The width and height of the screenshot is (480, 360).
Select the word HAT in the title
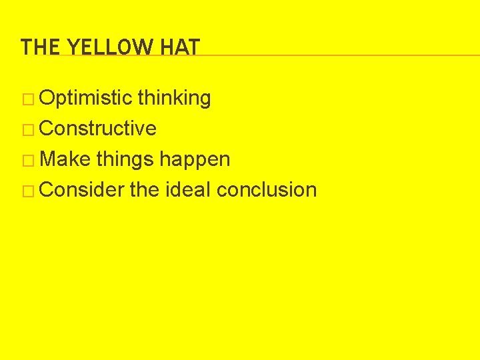click(179, 47)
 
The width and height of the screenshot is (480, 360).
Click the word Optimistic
click(85, 99)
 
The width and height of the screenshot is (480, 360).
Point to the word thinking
click(174, 99)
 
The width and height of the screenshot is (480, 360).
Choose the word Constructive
click(98, 129)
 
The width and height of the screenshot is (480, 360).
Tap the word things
click(125, 160)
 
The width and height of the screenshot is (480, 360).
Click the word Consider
click(82, 190)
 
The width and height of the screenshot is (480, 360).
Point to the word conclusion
click(267, 190)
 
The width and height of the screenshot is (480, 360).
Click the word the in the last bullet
click(144, 190)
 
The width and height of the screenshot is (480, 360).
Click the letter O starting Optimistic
click(47, 99)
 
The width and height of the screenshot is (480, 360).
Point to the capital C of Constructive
click(47, 129)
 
